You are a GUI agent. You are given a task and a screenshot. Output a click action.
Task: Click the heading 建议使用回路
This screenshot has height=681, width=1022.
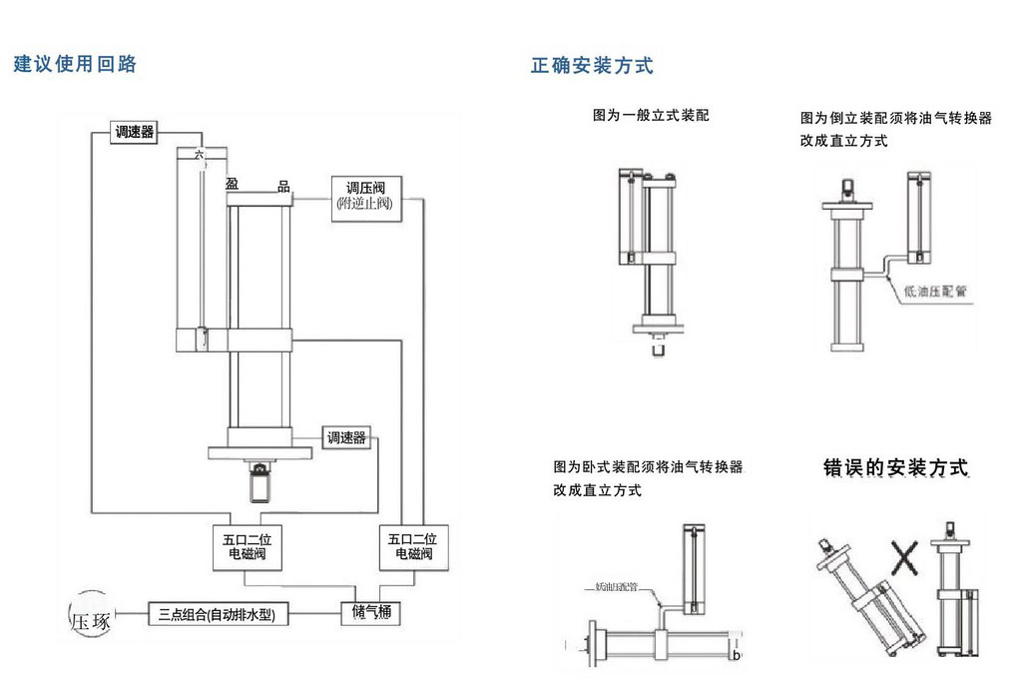75,65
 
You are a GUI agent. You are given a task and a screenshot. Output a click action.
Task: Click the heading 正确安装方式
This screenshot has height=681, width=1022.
592,67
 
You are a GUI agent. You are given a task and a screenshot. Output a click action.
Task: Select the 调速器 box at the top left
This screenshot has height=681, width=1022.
135,131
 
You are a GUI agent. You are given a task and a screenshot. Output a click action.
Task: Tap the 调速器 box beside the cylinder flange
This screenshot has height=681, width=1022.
346,437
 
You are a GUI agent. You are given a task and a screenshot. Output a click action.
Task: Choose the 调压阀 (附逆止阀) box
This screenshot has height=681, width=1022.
364,196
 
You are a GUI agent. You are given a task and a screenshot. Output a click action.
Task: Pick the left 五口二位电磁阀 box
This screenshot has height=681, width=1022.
246,546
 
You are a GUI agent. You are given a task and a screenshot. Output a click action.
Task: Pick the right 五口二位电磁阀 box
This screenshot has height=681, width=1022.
413,546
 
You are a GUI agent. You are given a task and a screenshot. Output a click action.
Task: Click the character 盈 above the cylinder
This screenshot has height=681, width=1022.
232,185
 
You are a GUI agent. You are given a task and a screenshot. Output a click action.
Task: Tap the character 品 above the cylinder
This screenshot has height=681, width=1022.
283,186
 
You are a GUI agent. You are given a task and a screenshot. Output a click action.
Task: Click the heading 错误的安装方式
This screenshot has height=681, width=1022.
895,467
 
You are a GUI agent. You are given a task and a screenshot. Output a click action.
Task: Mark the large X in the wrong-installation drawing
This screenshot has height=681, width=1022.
904,555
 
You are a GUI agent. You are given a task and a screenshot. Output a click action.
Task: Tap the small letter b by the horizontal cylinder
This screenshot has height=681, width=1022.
736,655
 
